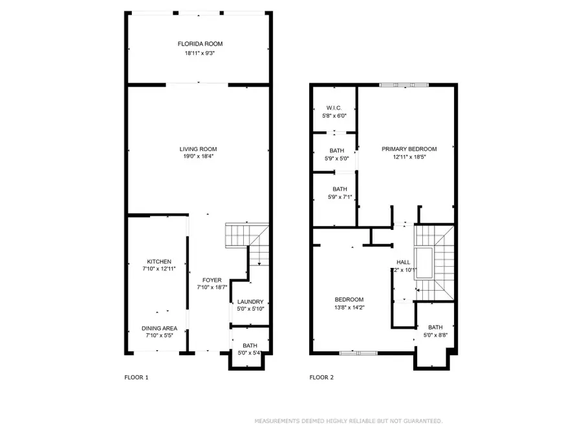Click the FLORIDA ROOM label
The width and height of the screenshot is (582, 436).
click(x=200, y=44)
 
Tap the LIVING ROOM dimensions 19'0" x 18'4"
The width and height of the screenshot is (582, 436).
click(x=198, y=156)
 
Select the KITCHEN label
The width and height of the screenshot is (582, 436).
click(x=158, y=262)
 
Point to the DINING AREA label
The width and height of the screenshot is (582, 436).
click(x=159, y=328)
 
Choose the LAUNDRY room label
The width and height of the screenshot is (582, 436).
click(x=250, y=302)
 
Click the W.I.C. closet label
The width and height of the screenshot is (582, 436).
click(x=334, y=108)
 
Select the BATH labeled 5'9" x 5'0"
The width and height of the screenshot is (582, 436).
click(x=336, y=150)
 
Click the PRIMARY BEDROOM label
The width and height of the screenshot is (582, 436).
click(x=409, y=149)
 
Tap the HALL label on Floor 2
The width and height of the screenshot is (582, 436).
click(x=403, y=262)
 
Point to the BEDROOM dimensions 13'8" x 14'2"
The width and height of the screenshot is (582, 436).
click(x=349, y=308)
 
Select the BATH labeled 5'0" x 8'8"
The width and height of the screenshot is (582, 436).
click(x=435, y=327)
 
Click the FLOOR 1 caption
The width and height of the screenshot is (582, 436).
click(x=136, y=377)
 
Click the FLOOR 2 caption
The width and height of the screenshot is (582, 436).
click(x=322, y=377)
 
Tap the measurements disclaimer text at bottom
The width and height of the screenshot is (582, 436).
click(x=348, y=420)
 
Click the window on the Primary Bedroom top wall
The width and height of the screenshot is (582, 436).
click(x=404, y=84)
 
